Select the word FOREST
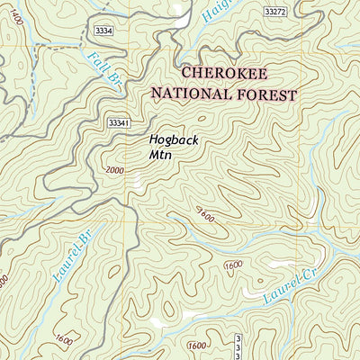pyautogui.click(x=266, y=93)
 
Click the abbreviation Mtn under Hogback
pyautogui.click(x=159, y=154)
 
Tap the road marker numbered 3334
pyautogui.click(x=103, y=31)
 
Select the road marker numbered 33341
pyautogui.click(x=120, y=122)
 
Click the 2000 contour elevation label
pyautogui.click(x=115, y=170)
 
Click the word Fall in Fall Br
pyautogui.click(x=96, y=63)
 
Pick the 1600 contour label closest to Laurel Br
pyautogui.click(x=63, y=340)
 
